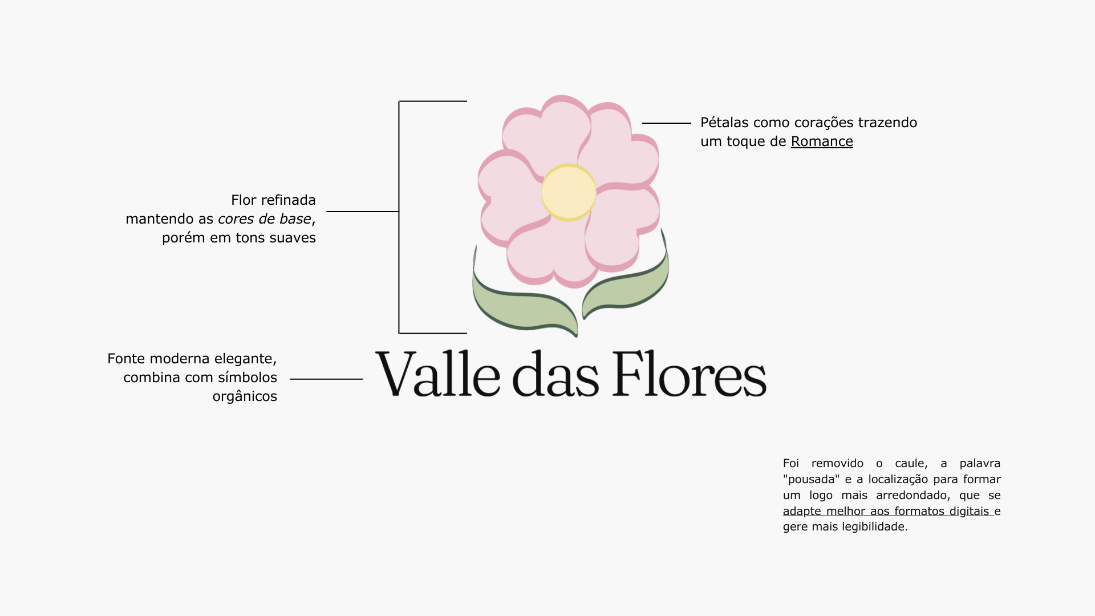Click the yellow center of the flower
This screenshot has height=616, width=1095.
click(569, 193)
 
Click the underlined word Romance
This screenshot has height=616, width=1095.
click(822, 141)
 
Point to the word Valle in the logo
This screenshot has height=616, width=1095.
click(437, 374)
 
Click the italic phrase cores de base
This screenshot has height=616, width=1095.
click(265, 219)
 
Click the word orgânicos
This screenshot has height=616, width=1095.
click(245, 397)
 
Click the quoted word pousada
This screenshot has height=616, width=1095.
click(812, 479)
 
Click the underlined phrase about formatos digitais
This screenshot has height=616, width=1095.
click(887, 511)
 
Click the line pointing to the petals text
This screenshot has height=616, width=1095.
click(666, 123)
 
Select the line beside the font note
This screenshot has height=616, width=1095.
click(326, 379)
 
